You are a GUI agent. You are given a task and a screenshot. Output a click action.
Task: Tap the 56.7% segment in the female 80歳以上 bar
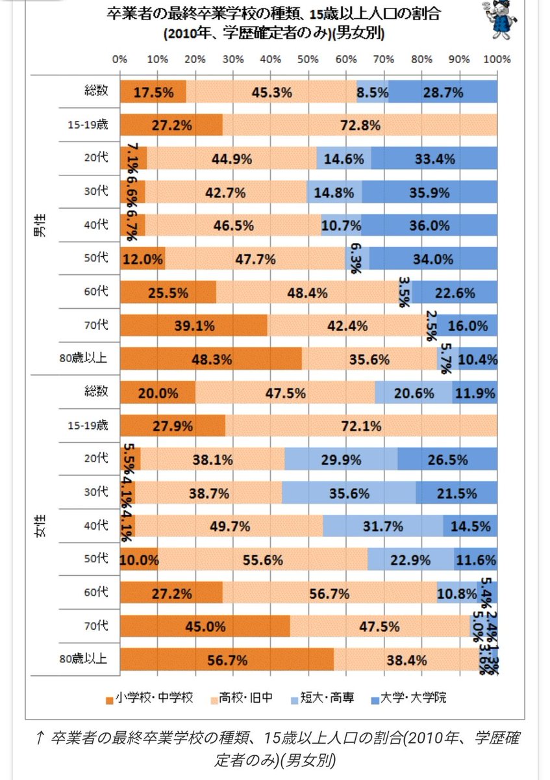pyautogui.click(x=227, y=660)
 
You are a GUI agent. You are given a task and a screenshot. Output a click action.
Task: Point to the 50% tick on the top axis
pyautogui.click(x=308, y=59)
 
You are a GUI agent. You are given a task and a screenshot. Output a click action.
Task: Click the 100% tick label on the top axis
pyautogui.click(x=497, y=59)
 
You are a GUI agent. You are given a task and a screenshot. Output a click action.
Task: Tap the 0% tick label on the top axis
pyautogui.click(x=119, y=59)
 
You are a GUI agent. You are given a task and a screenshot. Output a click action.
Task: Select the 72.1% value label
pyautogui.click(x=360, y=426)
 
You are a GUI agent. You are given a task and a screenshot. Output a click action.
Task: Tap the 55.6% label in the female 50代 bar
pyautogui.click(x=262, y=560)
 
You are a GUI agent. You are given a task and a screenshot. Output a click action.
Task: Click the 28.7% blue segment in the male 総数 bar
pyautogui.click(x=443, y=92)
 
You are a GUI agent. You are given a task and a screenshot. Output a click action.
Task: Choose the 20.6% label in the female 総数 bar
pyautogui.click(x=413, y=393)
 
